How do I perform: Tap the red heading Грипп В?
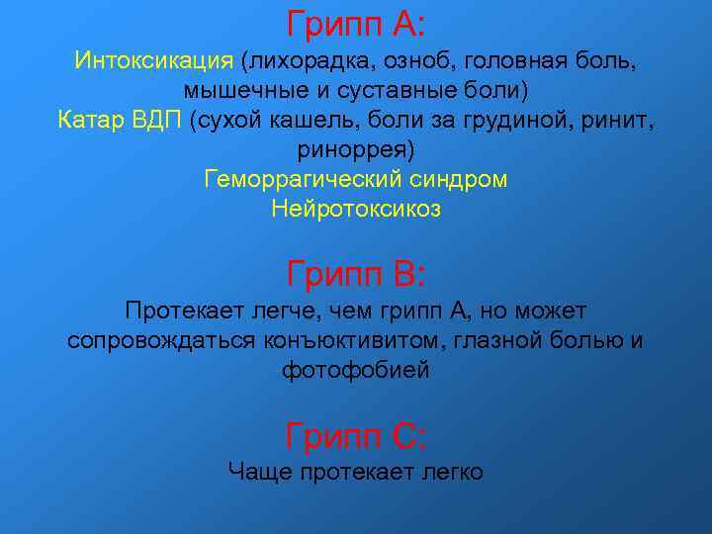356,271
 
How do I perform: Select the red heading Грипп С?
356,434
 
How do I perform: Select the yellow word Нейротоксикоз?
356,210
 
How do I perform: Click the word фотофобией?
356,371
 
